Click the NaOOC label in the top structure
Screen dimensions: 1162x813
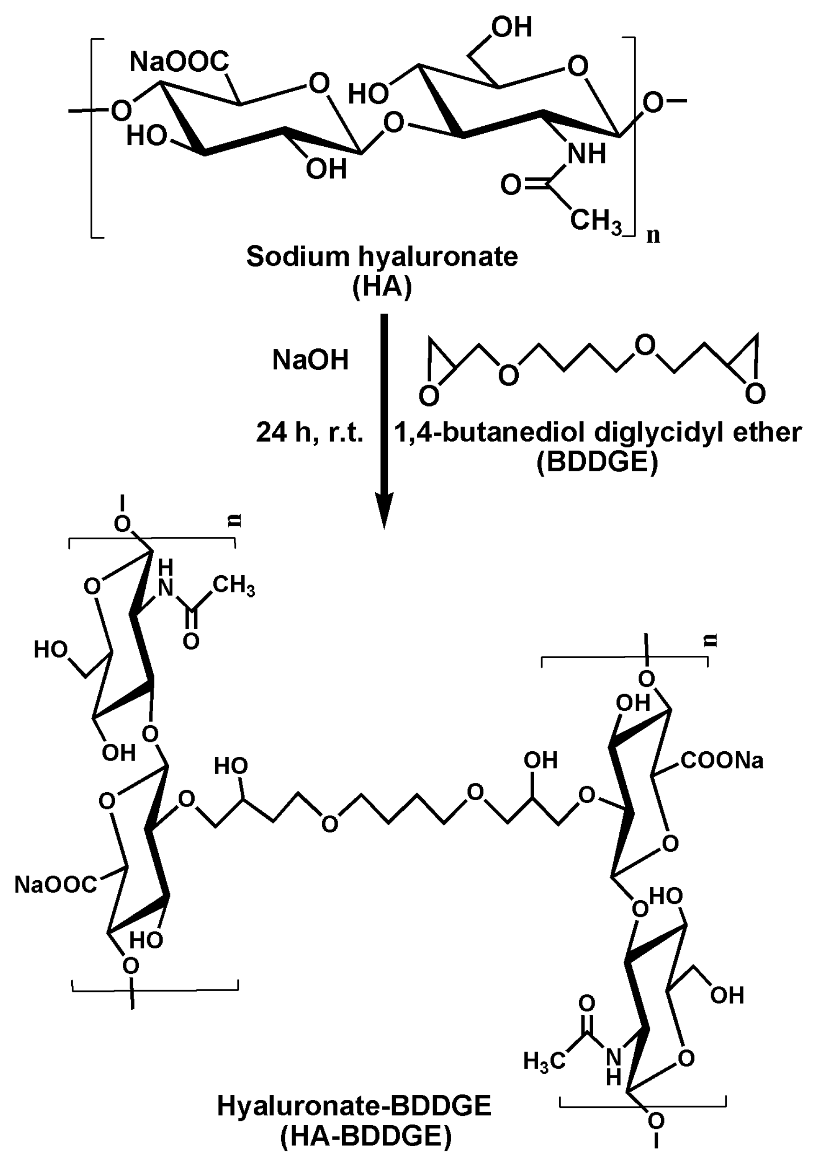179,62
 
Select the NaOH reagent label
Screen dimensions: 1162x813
310,360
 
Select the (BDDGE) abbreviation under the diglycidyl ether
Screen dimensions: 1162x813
597,462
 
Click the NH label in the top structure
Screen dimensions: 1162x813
586,154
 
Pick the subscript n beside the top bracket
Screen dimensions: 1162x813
654,235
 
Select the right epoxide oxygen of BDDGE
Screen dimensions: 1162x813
755,393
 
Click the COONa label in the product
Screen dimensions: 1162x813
722,761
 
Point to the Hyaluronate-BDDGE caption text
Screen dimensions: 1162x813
354,1105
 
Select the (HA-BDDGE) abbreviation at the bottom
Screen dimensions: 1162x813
365,1136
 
